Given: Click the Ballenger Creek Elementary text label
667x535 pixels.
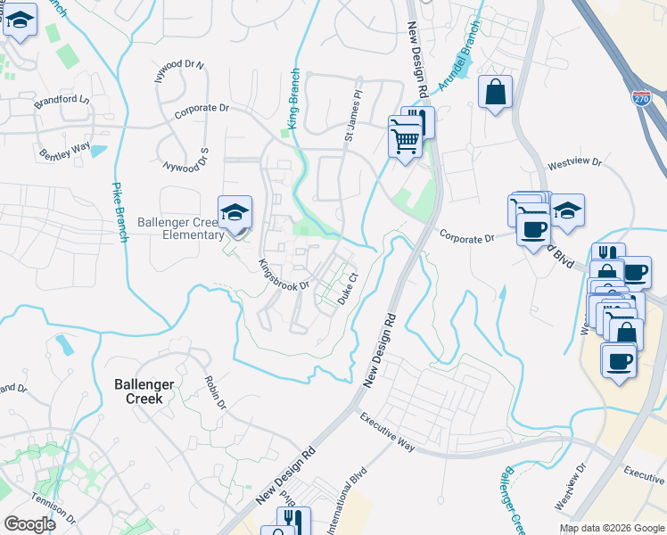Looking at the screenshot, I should point(181,228).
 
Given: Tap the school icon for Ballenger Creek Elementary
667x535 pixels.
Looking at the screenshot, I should point(235,212).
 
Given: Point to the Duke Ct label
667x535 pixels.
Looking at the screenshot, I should point(348,289).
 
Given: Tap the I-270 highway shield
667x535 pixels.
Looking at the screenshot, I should point(640,98).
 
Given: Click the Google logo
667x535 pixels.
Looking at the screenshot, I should point(29,524).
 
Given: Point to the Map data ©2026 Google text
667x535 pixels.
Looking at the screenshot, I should point(612,528).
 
